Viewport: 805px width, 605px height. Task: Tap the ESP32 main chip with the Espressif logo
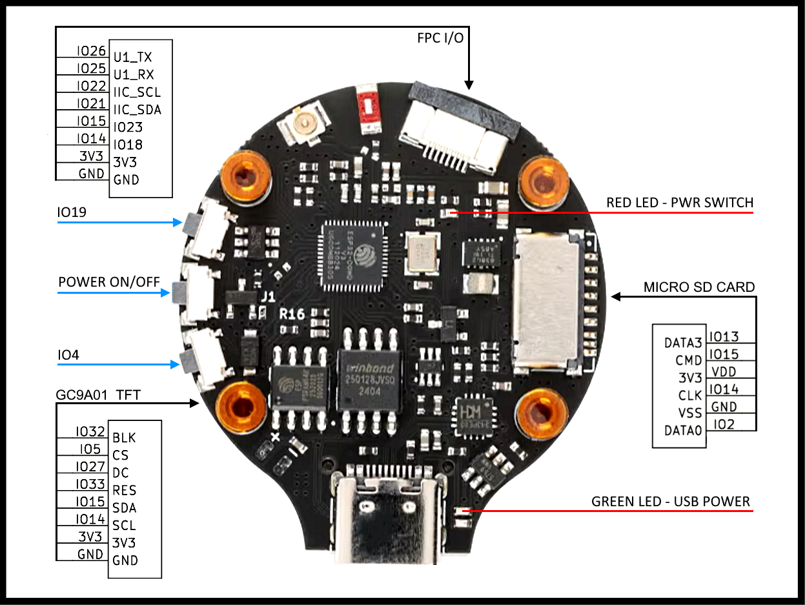(x=352, y=253)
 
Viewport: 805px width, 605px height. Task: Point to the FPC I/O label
(x=440, y=37)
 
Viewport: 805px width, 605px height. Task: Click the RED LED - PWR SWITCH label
(x=679, y=203)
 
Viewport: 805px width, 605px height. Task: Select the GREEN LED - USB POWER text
(x=671, y=502)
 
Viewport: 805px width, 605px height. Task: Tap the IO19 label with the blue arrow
(x=73, y=212)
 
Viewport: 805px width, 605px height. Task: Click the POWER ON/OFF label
(x=109, y=283)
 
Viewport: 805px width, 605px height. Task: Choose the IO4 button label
(x=69, y=354)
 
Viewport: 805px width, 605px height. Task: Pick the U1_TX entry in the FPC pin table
(x=132, y=57)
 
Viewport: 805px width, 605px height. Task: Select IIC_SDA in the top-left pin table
(x=138, y=110)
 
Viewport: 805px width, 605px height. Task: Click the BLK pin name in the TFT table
(x=124, y=438)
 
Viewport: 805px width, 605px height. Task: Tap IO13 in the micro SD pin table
(x=723, y=336)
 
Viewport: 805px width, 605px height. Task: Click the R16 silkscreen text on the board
(x=292, y=315)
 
